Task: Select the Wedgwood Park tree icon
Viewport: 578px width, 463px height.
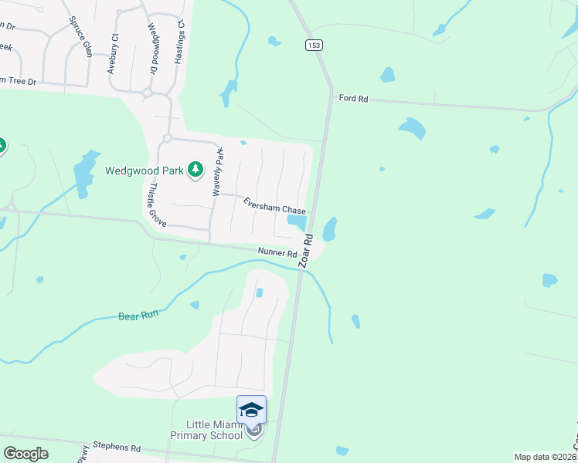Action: tap(195, 169)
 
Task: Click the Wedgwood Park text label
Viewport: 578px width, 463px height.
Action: tap(143, 171)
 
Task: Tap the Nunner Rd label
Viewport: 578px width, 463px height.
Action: tap(277, 252)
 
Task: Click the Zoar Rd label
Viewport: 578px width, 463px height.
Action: tap(307, 251)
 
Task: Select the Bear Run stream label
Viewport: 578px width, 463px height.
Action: tap(138, 316)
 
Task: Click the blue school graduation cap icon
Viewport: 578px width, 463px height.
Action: tap(251, 410)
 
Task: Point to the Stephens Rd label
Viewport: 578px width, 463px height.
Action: tap(117, 447)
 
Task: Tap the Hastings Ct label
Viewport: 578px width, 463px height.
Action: tap(180, 41)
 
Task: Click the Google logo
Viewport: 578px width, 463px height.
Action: tap(25, 454)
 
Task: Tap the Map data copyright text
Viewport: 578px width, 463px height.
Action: tap(546, 457)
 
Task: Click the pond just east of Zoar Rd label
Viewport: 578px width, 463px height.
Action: tap(329, 228)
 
